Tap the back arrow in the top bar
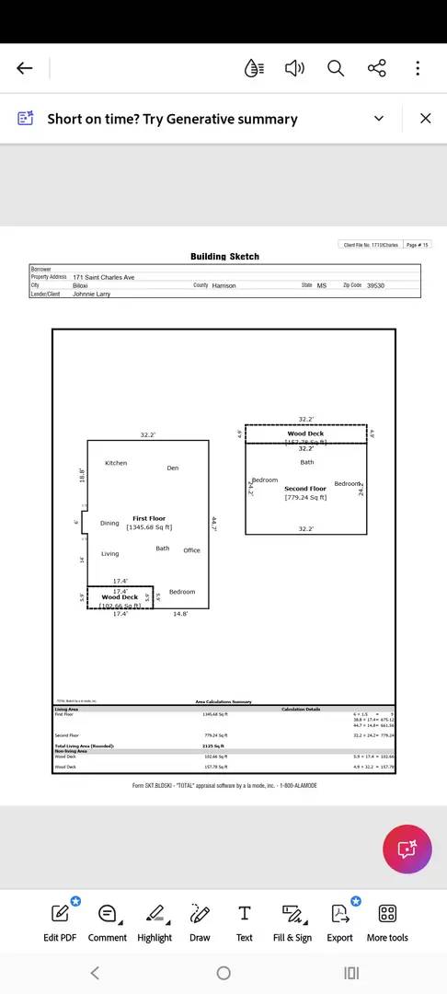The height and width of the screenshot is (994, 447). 25,68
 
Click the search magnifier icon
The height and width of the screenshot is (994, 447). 336,68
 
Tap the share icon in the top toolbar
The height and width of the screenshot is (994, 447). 376,68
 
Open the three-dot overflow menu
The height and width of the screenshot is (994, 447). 418,68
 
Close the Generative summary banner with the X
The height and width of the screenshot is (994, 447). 425,118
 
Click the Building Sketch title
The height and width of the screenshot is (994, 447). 224,257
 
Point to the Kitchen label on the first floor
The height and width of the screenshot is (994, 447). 116,463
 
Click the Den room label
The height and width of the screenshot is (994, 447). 172,468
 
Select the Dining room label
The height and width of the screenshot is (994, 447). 109,523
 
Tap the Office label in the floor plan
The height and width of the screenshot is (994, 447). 191,550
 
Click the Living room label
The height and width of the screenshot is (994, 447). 109,553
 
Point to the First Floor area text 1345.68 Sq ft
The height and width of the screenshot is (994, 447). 149,527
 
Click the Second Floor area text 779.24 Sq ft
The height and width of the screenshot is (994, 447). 305,497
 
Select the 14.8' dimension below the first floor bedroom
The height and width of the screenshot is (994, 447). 180,614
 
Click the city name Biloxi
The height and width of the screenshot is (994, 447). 80,285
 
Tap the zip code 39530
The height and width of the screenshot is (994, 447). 375,285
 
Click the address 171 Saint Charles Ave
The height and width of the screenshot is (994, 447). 103,277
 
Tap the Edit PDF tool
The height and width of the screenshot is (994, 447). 60,921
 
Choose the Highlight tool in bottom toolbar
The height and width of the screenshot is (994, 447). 155,921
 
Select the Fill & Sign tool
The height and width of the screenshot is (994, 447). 292,921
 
